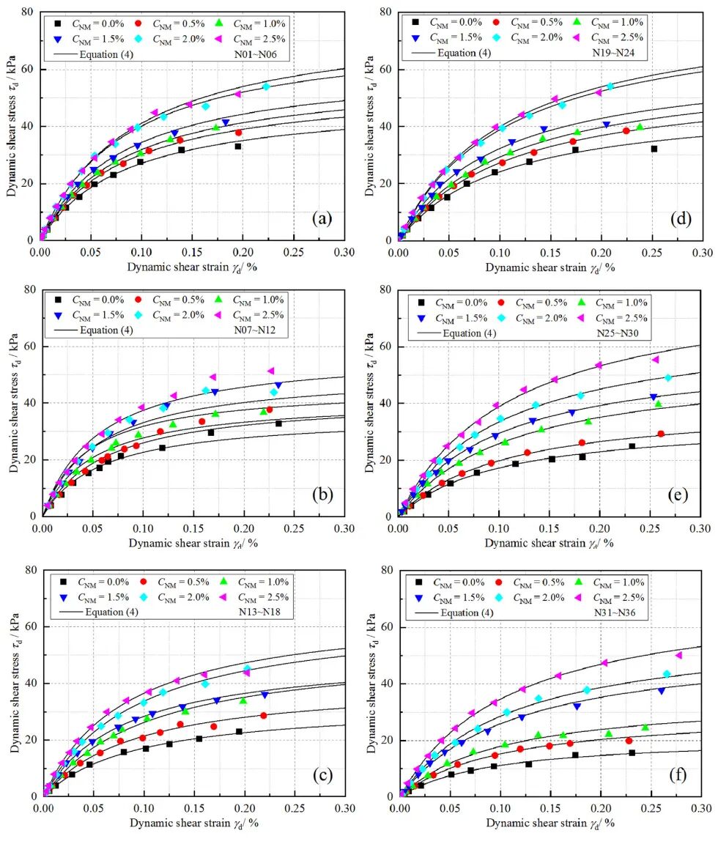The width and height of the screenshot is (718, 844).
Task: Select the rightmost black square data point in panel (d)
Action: (654, 149)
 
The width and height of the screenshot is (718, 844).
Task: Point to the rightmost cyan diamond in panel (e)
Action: (667, 378)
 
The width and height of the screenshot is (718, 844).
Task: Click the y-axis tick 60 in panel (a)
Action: (27, 69)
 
